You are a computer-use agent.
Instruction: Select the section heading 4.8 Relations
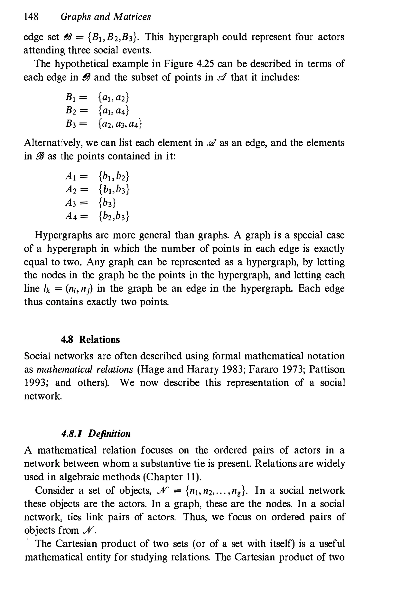(90, 340)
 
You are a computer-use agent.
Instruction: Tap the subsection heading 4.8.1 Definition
(96, 434)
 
